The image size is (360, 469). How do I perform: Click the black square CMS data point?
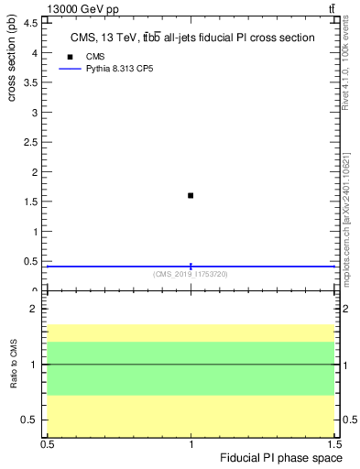tap(191, 195)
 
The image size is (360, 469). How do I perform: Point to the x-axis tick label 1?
tap(191, 444)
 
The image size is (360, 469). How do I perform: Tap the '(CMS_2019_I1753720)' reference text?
tap(191, 273)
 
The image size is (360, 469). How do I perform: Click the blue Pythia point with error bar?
tap(191, 266)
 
